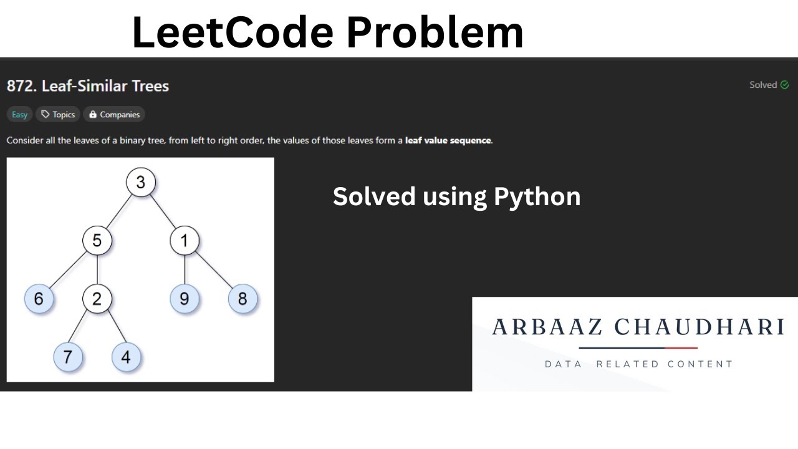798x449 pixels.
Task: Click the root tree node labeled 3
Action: pyautogui.click(x=140, y=183)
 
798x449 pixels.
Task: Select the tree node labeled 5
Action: pyautogui.click(x=97, y=241)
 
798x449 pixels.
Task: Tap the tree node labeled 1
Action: pyautogui.click(x=184, y=241)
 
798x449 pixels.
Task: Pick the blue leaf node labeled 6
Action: pyautogui.click(x=39, y=299)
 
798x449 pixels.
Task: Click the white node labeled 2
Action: pyautogui.click(x=97, y=299)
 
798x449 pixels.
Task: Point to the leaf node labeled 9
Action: pyautogui.click(x=184, y=299)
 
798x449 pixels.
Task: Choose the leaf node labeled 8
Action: pyautogui.click(x=243, y=299)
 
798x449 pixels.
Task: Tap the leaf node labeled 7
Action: pyautogui.click(x=68, y=357)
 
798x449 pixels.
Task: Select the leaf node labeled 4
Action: pyautogui.click(x=126, y=357)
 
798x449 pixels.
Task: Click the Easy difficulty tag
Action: pyautogui.click(x=20, y=115)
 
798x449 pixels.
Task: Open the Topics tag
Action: pyautogui.click(x=58, y=115)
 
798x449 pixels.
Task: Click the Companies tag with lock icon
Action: pyautogui.click(x=114, y=115)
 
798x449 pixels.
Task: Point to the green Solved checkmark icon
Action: pyautogui.click(x=784, y=85)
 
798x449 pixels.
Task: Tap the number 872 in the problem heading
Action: pyautogui.click(x=21, y=86)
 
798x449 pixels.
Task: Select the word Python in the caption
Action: pyautogui.click(x=537, y=197)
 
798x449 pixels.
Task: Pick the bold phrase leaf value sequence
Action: pyautogui.click(x=448, y=140)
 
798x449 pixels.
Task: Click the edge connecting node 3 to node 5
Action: pyautogui.click(x=118, y=212)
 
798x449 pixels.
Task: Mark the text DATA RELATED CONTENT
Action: pyautogui.click(x=638, y=364)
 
